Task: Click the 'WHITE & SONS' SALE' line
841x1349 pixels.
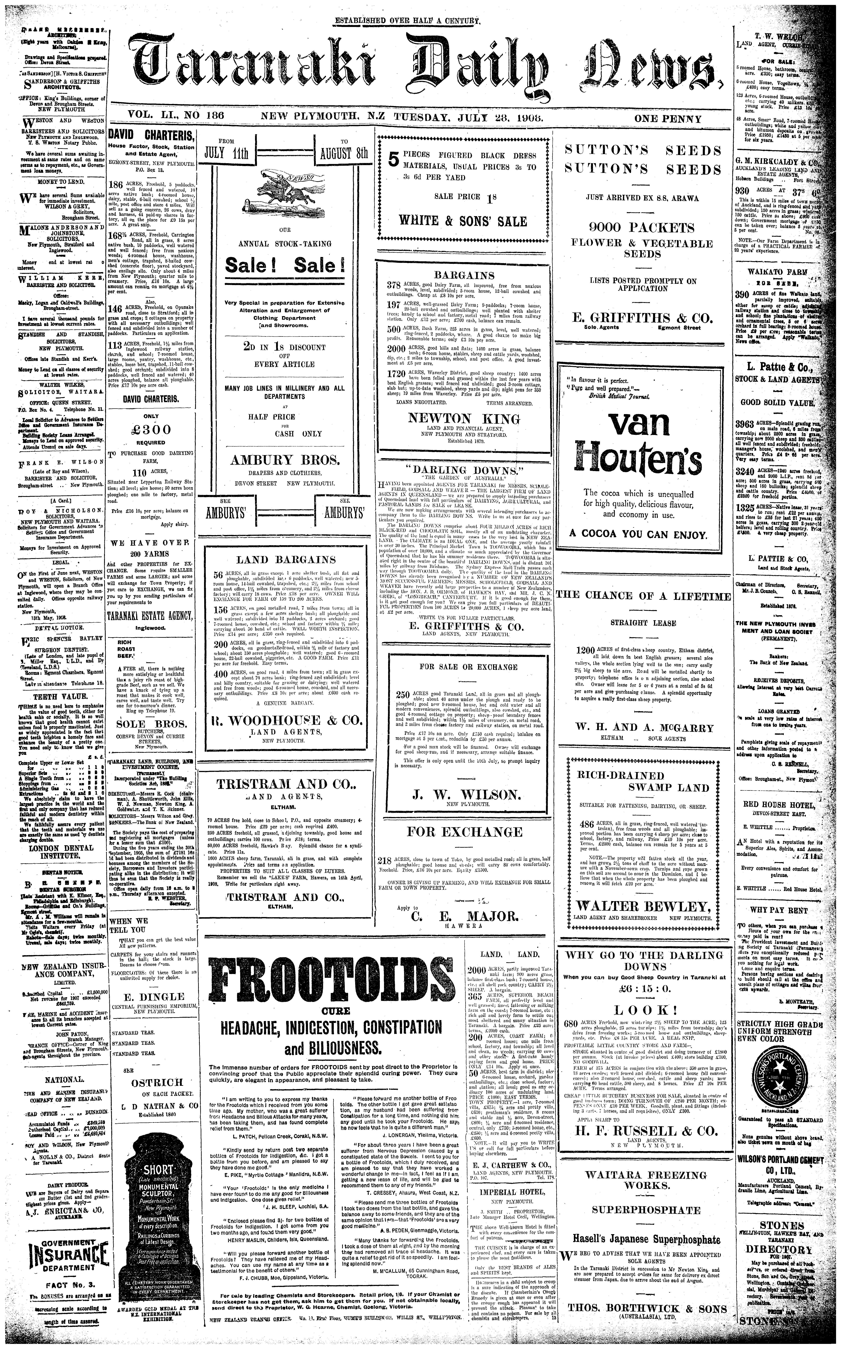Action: pyautogui.click(x=463, y=221)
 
